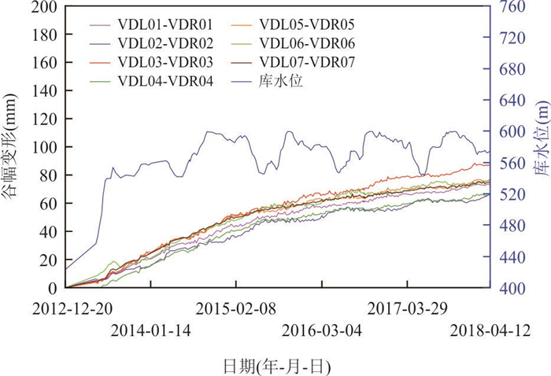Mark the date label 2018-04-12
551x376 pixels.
[x=489, y=330]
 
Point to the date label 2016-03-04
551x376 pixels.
[x=322, y=330]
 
